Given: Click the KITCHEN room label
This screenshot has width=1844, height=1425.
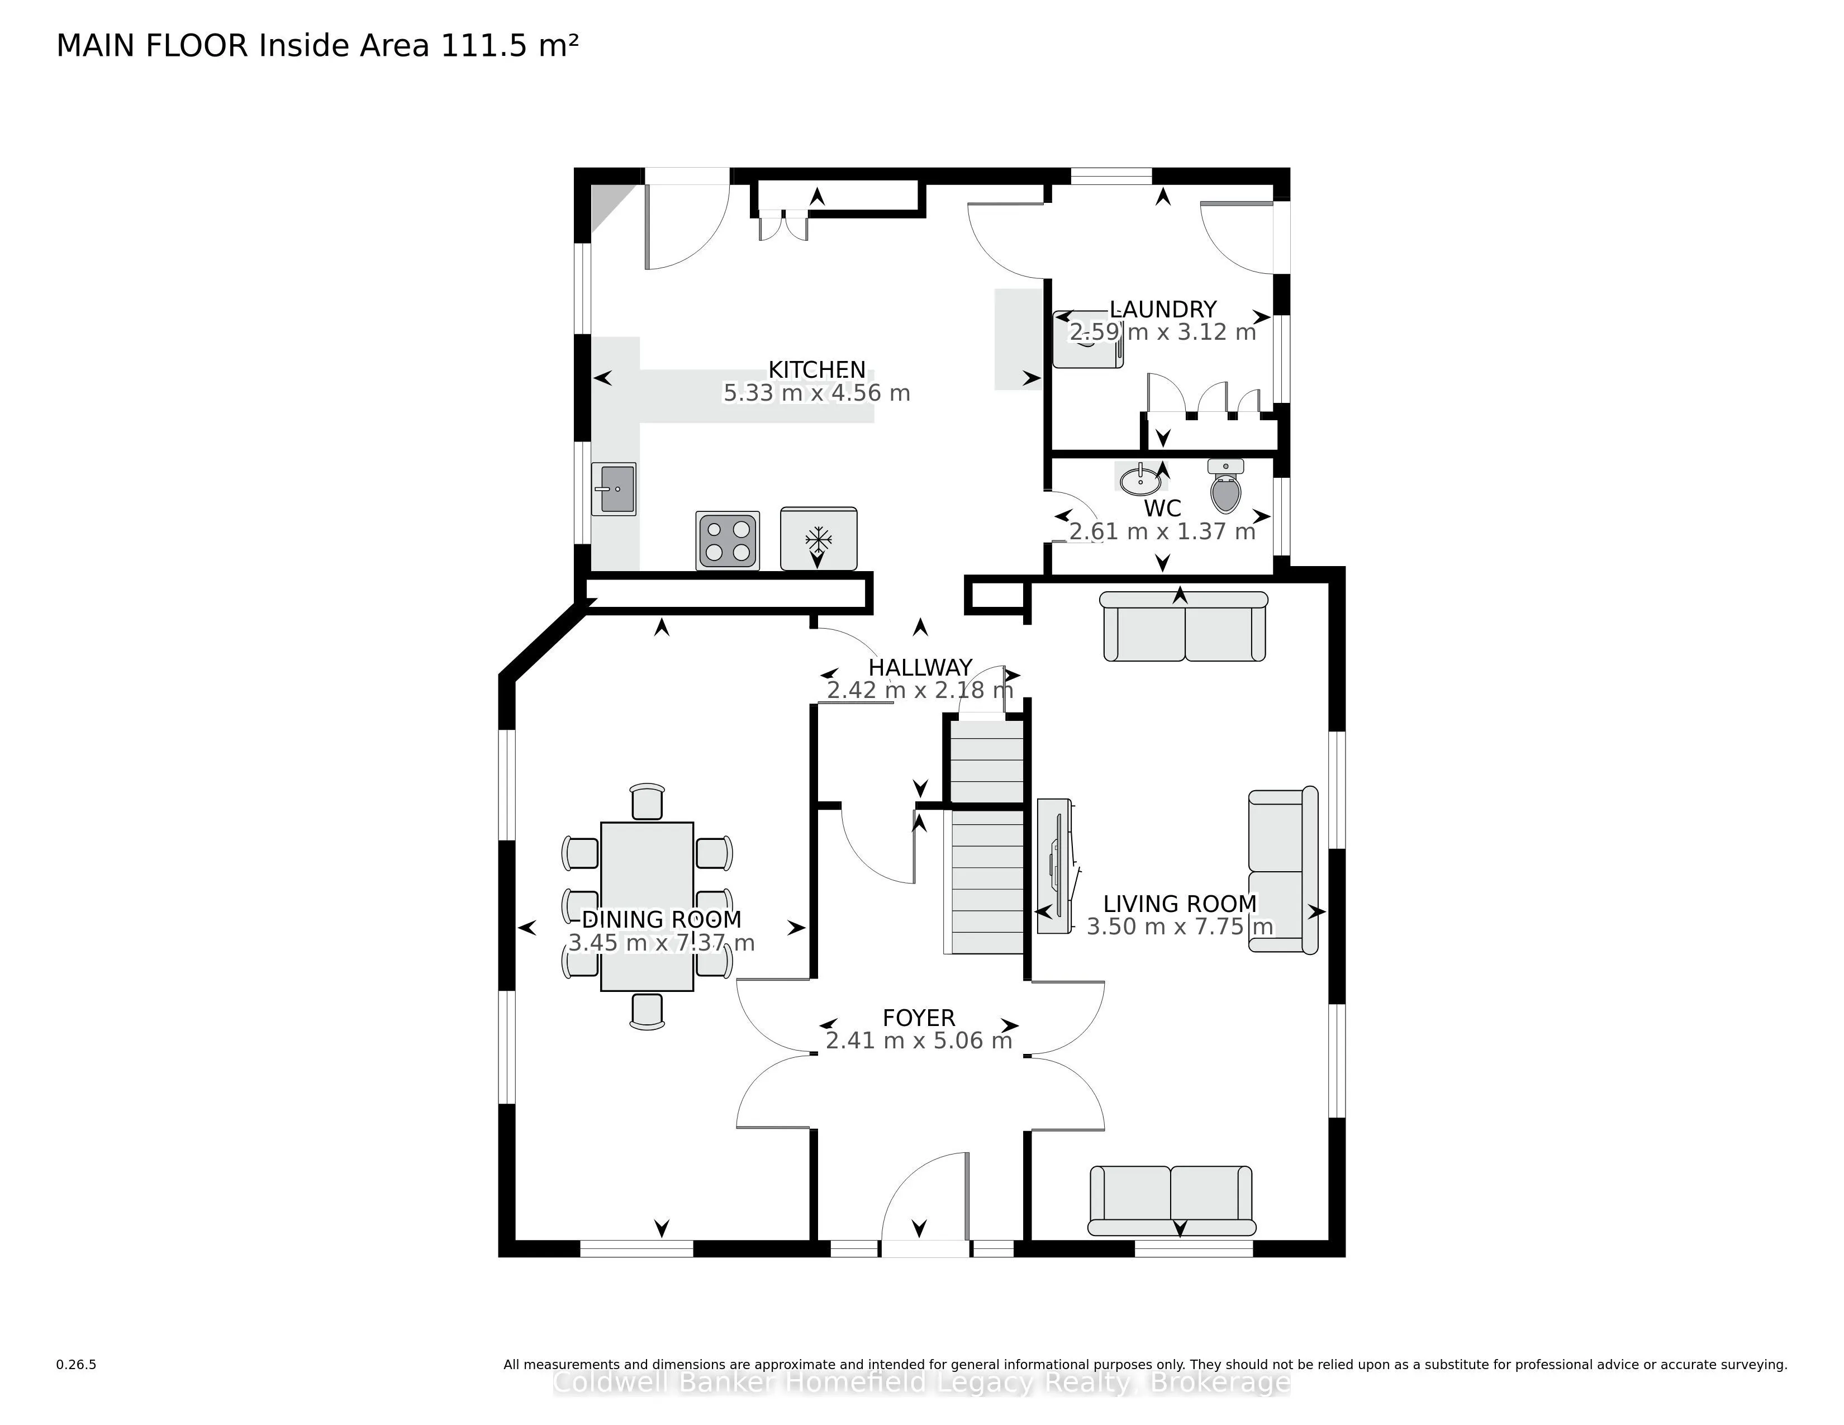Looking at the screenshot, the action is pyautogui.click(x=816, y=370).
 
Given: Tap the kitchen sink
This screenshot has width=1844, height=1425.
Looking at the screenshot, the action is pyautogui.click(x=614, y=489).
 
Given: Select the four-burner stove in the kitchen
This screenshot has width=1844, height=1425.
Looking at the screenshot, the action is pyautogui.click(x=728, y=540).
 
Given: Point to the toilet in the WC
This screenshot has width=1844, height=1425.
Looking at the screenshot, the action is pyautogui.click(x=1226, y=486).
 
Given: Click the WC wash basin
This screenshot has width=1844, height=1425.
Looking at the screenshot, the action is pyautogui.click(x=1140, y=479).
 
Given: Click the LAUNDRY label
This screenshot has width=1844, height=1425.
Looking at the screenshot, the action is pyautogui.click(x=1163, y=309).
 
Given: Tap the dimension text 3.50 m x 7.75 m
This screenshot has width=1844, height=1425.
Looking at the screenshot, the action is pyautogui.click(x=1180, y=927).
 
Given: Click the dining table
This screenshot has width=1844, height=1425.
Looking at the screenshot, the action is pyautogui.click(x=647, y=906).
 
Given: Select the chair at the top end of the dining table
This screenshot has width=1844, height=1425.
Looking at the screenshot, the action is pyautogui.click(x=647, y=801).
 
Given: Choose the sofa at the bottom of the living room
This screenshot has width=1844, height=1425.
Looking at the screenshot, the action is pyautogui.click(x=1172, y=1200).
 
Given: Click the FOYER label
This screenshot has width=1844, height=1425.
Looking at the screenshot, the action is pyautogui.click(x=919, y=1018).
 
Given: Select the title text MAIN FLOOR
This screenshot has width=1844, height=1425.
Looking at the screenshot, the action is pyautogui.click(x=153, y=46).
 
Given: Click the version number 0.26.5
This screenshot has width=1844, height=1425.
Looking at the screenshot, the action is pyautogui.click(x=76, y=1364).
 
